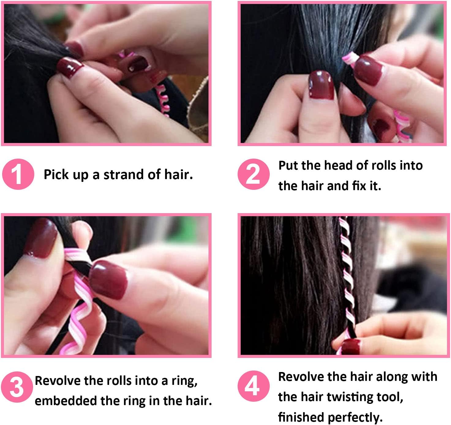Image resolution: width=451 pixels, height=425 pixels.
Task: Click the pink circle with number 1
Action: [x=18, y=174]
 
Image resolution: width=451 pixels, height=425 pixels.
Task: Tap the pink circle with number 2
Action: [x=254, y=174]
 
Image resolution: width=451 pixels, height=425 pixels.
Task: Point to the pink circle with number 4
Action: [x=254, y=386]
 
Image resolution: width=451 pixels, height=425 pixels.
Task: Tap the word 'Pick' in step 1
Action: [x=55, y=175]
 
